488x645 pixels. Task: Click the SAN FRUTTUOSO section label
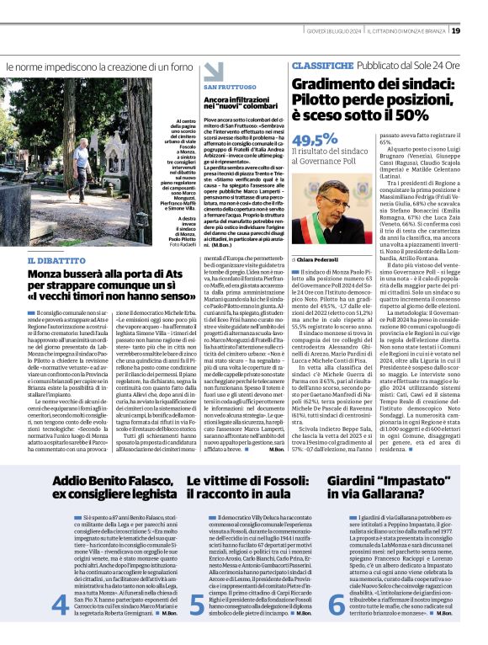tap(225, 88)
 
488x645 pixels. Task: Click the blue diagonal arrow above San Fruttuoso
tap(213, 71)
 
